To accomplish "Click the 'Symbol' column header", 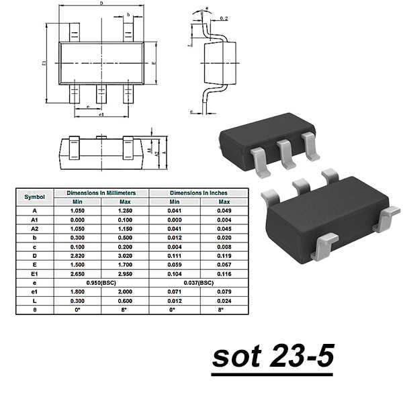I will pyautogui.click(x=34, y=197).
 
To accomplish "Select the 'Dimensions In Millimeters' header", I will pyautogui.click(x=101, y=192).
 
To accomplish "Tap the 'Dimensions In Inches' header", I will pyautogui.click(x=199, y=192).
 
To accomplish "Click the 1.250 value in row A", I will pyautogui.click(x=125, y=210).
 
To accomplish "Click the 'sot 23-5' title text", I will pyautogui.click(x=273, y=356).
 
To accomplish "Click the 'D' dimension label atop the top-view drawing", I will pyautogui.click(x=101, y=4).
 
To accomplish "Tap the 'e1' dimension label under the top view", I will pyautogui.click(x=101, y=116).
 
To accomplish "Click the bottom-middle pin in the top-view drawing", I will pyautogui.click(x=101, y=95).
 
